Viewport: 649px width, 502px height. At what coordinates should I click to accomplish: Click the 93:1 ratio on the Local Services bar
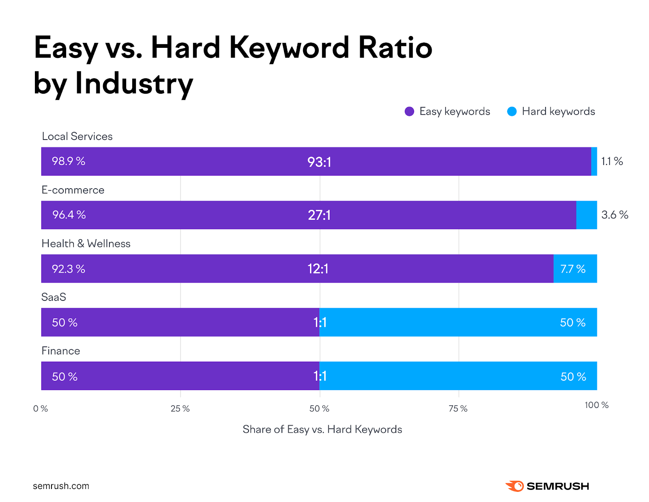point(319,162)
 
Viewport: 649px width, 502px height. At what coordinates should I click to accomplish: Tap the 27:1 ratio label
point(319,215)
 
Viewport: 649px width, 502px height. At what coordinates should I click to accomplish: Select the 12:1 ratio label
point(318,269)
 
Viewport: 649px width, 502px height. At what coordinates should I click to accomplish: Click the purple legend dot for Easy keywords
point(409,112)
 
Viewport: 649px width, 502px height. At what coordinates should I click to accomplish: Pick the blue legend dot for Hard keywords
point(512,112)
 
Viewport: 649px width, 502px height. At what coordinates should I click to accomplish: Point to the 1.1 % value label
point(612,161)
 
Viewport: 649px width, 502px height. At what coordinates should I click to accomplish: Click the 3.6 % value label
point(615,215)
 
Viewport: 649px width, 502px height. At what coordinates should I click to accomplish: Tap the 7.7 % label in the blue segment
point(573,269)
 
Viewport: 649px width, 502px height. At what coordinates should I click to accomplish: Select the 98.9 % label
point(69,161)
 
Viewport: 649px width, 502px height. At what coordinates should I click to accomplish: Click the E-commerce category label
point(73,190)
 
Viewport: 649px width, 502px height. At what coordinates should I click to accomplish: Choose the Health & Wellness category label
point(86,244)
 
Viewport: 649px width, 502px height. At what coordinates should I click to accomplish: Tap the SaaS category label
point(54,297)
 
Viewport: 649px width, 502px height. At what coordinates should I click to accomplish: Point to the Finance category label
point(61,351)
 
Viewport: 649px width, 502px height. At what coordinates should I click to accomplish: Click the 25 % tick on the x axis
point(180,409)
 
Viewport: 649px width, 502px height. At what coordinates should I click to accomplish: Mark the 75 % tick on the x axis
point(458,409)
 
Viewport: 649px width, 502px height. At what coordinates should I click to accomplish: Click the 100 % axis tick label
point(596,405)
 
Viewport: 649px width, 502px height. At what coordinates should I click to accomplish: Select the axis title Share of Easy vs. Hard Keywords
point(322,429)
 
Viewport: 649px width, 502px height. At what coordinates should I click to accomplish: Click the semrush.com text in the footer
point(61,486)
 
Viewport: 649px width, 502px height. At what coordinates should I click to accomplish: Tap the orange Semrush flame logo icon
point(515,486)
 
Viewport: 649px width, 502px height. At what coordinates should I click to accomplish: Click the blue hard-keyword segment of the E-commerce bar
point(587,215)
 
